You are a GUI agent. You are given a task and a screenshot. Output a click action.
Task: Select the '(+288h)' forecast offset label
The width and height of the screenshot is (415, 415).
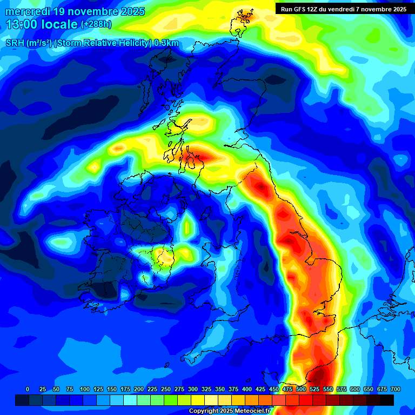click(x=96, y=24)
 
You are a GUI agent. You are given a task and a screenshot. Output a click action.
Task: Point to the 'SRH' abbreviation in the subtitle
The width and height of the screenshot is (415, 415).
click(x=16, y=43)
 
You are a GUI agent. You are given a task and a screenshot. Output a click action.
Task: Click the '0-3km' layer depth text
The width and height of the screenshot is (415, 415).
click(x=166, y=43)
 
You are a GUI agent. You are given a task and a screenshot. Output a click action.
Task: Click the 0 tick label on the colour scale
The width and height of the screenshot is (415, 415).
click(x=28, y=389)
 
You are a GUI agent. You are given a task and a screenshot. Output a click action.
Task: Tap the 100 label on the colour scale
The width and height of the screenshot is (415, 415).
click(x=84, y=389)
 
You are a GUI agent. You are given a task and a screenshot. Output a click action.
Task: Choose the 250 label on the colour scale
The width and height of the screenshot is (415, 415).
click(x=166, y=389)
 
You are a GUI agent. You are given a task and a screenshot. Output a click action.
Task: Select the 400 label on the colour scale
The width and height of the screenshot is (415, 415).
click(x=247, y=389)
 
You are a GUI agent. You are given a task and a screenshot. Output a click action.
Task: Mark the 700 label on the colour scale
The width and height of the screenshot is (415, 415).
click(x=396, y=389)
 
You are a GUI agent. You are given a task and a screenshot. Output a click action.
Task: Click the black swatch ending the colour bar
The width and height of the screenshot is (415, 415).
click(x=386, y=400)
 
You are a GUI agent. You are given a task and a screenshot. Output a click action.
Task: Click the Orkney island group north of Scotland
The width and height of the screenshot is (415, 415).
click(x=243, y=16)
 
